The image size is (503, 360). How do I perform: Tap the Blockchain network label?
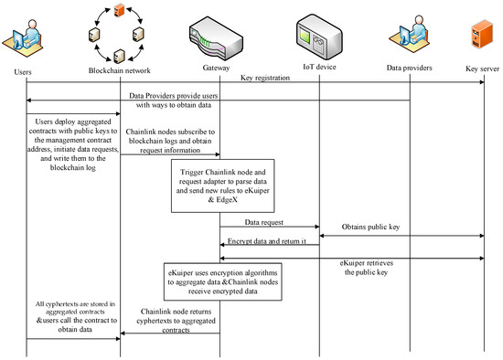(x=121, y=69)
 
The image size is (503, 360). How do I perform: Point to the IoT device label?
(x=320, y=69)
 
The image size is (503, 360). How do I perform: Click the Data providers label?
(x=408, y=69)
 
